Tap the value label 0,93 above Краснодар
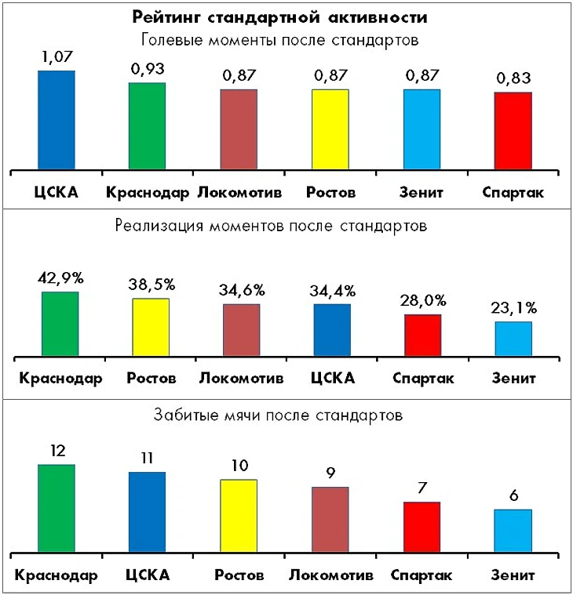[x=148, y=69]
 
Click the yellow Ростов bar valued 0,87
[x=330, y=129]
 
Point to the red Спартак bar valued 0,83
[x=513, y=131]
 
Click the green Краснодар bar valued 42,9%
[x=60, y=324]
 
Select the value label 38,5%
[x=150, y=284]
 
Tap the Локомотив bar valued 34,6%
[x=241, y=330]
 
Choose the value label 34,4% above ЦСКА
[x=333, y=290]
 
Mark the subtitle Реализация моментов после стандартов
[x=271, y=227]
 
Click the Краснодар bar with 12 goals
[x=56, y=508]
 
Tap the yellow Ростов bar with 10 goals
[x=239, y=516]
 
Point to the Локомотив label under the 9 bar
[x=330, y=575]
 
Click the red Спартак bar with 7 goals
[x=422, y=527]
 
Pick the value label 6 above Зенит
[x=513, y=495]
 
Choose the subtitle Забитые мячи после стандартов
[x=279, y=415]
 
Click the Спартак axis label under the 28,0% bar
[x=422, y=379]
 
